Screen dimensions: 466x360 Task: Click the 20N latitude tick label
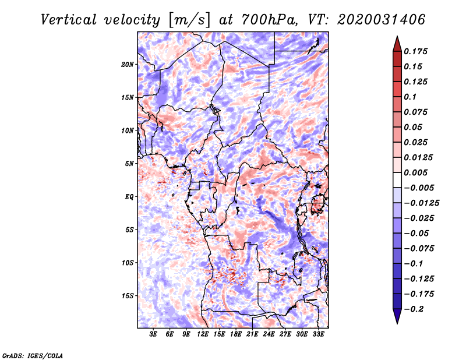click(x=128, y=65)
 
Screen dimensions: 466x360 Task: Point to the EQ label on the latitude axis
click(x=129, y=197)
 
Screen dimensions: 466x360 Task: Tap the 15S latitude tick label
click(x=128, y=296)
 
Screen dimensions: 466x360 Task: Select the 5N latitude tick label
click(x=129, y=164)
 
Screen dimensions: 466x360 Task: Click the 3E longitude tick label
click(x=153, y=334)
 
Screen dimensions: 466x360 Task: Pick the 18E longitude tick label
click(x=236, y=334)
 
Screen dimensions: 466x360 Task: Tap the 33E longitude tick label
click(x=318, y=334)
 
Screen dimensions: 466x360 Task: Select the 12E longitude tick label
click(x=203, y=334)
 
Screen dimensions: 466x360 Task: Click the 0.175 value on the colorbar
click(x=416, y=51)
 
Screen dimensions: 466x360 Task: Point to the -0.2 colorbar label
click(x=414, y=309)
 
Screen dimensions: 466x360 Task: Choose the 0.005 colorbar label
click(x=416, y=172)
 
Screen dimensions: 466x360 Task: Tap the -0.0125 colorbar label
click(x=421, y=203)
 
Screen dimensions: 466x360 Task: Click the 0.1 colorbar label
click(x=411, y=97)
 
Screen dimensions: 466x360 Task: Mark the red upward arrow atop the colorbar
click(x=397, y=44)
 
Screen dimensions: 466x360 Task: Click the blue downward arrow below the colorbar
click(x=397, y=316)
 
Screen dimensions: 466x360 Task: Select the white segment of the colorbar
click(x=397, y=180)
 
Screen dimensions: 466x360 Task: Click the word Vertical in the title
click(x=69, y=20)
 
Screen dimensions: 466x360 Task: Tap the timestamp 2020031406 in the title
click(x=382, y=20)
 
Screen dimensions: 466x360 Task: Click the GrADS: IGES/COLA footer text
click(x=33, y=355)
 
